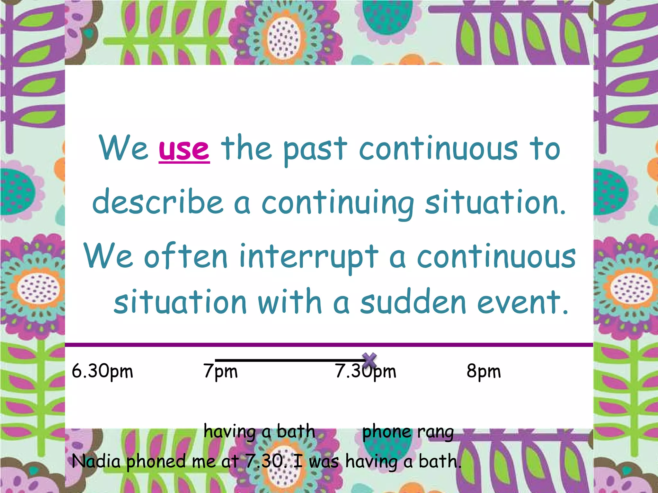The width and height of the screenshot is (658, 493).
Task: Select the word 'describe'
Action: [158, 202]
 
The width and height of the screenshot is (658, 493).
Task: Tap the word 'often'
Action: [186, 257]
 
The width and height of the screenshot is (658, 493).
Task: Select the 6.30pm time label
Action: [102, 372]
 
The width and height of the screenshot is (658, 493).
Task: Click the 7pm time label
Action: [220, 372]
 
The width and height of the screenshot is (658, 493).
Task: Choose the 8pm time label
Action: [484, 372]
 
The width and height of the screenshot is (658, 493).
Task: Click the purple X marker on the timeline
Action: [369, 360]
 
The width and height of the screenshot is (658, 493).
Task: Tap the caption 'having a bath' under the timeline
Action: [259, 432]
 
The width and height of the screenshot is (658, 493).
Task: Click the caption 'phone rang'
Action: [408, 432]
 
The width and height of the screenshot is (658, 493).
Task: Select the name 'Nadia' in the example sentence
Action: [96, 462]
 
